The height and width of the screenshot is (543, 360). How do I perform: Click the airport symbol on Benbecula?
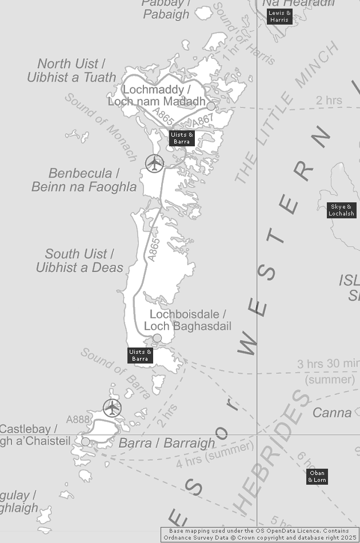154,163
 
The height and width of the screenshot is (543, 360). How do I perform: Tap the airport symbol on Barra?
113,408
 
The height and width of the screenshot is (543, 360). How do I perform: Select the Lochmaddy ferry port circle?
211,106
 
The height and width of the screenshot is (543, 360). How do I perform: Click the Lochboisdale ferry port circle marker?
157,338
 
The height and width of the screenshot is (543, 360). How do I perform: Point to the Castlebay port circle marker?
86,441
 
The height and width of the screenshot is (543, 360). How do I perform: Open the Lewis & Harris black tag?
279,17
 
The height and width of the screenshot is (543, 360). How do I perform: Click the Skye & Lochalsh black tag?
342,210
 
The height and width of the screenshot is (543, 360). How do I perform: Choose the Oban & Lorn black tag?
317,476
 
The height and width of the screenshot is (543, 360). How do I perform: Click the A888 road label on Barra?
78,420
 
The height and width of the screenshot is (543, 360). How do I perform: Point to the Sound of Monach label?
101,127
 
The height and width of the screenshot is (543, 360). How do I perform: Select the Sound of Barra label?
116,373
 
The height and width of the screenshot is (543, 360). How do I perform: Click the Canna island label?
332,412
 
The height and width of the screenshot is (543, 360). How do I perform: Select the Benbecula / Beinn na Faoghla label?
84,180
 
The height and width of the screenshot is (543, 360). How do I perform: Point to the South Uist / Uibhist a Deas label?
79,261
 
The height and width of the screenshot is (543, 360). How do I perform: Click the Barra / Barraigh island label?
167,443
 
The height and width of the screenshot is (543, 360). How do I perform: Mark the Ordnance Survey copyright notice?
260,534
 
